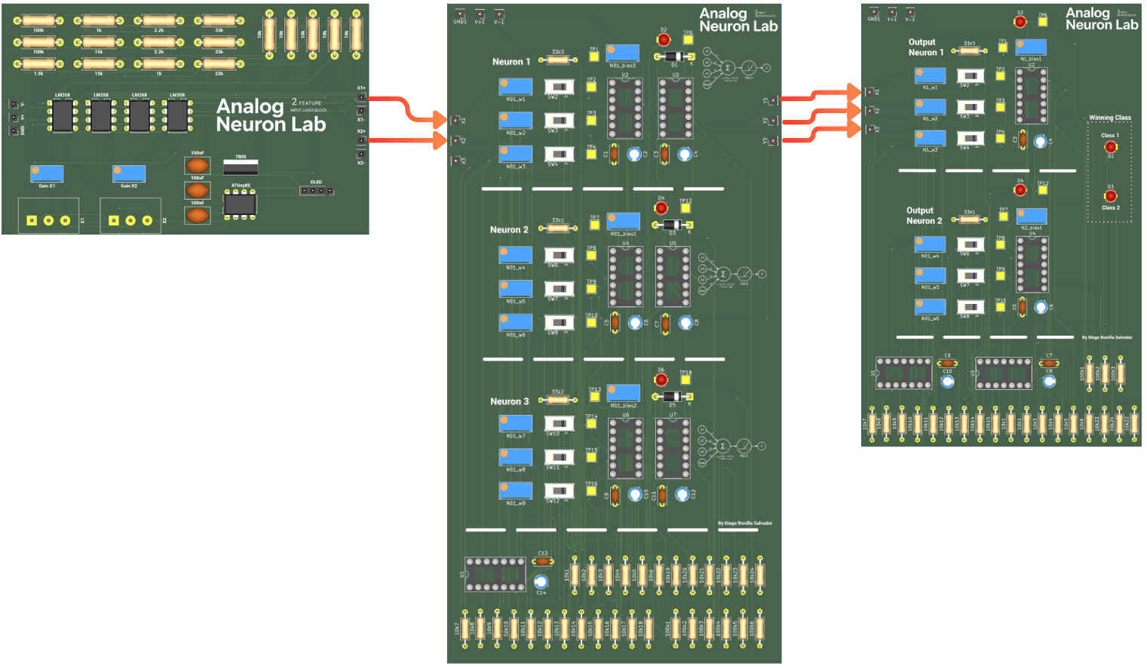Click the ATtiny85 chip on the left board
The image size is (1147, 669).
tap(240, 203)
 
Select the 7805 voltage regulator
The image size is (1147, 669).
tap(241, 167)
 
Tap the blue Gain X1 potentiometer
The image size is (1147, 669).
tap(47, 173)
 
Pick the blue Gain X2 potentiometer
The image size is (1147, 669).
tap(129, 173)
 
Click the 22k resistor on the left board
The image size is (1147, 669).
tap(219, 65)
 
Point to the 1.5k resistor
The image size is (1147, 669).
tap(38, 65)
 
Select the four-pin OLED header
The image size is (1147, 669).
tap(316, 190)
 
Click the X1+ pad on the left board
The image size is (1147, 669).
tap(361, 97)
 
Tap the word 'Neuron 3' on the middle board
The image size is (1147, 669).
tap(509, 401)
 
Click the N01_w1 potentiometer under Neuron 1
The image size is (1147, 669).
tap(515, 87)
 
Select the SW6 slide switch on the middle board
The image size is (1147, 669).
tap(559, 256)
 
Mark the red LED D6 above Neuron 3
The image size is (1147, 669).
tap(661, 379)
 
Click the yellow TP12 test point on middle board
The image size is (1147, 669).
tap(685, 209)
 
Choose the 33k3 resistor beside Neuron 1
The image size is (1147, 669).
tap(557, 60)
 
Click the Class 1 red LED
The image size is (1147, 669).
tap(1110, 147)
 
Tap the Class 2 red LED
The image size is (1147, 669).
tap(1110, 196)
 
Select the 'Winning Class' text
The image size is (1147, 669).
tap(1109, 118)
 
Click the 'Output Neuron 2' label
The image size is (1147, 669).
tap(924, 216)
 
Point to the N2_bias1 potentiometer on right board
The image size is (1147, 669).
tap(1031, 216)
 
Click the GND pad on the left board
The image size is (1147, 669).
tap(14, 130)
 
